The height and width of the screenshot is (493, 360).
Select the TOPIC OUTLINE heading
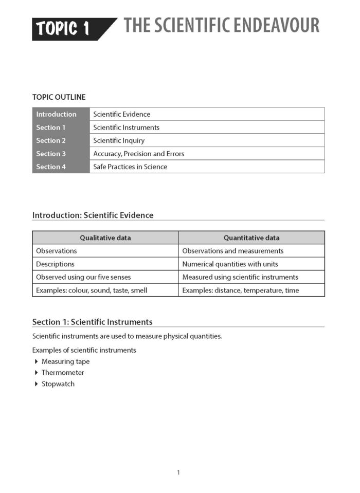[59, 97]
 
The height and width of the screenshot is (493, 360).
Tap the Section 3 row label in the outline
[51, 154]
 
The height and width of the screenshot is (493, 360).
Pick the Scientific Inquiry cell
[119, 140]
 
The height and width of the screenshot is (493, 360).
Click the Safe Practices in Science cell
[130, 167]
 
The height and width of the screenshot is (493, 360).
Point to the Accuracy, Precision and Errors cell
[138, 154]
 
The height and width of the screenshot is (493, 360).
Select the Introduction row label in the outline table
[56, 114]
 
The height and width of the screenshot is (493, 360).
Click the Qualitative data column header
[105, 238]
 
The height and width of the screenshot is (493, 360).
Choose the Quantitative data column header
[251, 238]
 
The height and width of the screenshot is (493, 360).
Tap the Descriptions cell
[55, 264]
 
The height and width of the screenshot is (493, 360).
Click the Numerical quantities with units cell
[230, 264]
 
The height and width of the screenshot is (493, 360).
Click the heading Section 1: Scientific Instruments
[93, 322]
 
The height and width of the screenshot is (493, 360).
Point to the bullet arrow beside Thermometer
[36, 373]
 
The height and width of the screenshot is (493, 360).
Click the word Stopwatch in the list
[58, 384]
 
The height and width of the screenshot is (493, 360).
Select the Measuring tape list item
[65, 361]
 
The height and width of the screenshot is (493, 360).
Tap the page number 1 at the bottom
[178, 472]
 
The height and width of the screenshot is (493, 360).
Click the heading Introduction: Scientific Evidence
[93, 215]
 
